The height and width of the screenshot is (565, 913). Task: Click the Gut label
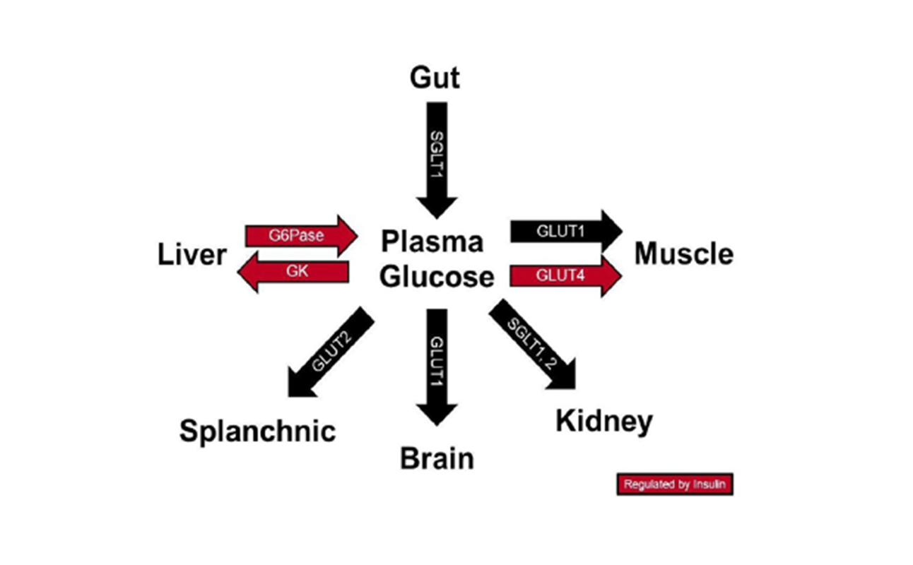[435, 78]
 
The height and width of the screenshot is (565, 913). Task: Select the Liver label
[192, 254]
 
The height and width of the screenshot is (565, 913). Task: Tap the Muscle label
[683, 254]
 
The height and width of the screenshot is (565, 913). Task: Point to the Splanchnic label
[257, 430]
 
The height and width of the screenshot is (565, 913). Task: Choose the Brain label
[437, 458]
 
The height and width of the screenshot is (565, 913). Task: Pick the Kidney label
[604, 422]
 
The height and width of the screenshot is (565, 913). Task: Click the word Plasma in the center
[432, 242]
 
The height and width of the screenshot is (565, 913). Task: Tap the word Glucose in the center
[437, 276]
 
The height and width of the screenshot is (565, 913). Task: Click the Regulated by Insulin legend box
[674, 484]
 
